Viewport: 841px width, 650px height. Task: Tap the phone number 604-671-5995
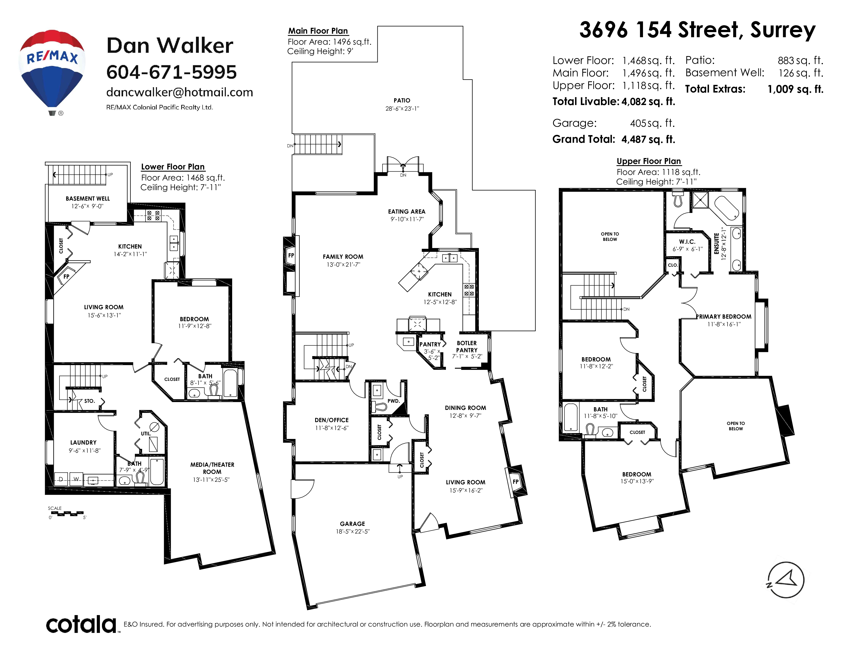(171, 72)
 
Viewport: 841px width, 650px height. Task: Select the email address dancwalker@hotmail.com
(179, 93)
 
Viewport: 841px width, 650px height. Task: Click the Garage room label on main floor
(352, 524)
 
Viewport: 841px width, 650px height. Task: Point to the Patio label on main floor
(402, 100)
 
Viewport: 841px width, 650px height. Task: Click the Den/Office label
(332, 420)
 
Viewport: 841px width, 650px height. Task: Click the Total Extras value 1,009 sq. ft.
(796, 89)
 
